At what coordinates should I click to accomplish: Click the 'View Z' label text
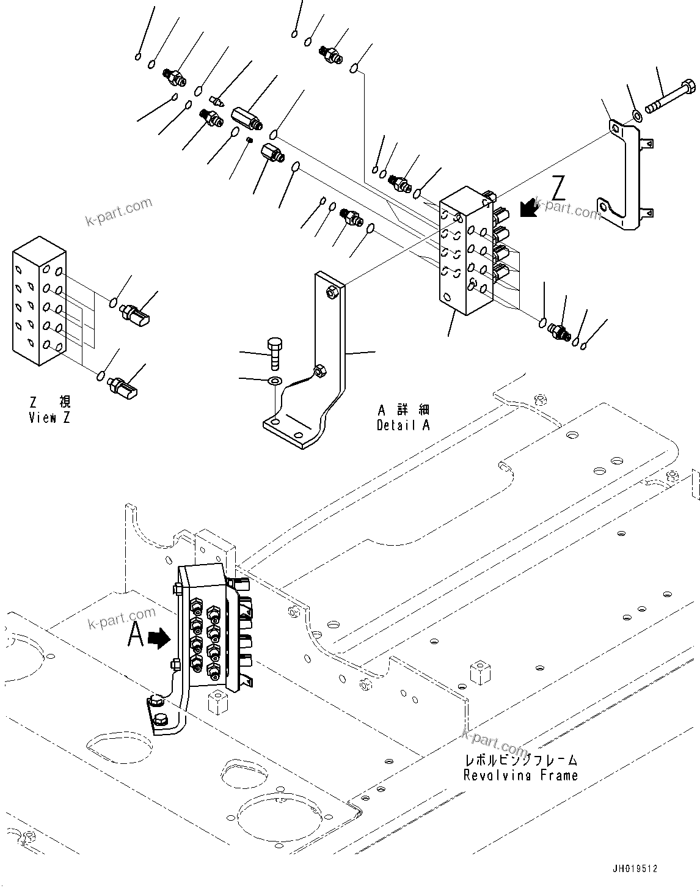[x=49, y=418]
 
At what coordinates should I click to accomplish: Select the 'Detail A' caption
[x=403, y=425]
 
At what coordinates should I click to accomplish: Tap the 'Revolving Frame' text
[x=520, y=776]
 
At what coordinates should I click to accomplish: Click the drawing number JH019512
[x=635, y=868]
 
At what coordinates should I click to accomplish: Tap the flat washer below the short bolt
[x=275, y=381]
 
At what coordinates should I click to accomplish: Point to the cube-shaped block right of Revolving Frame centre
[x=481, y=672]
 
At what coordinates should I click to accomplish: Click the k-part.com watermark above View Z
[x=119, y=211]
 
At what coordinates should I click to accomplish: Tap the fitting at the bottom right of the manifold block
[x=559, y=332]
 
